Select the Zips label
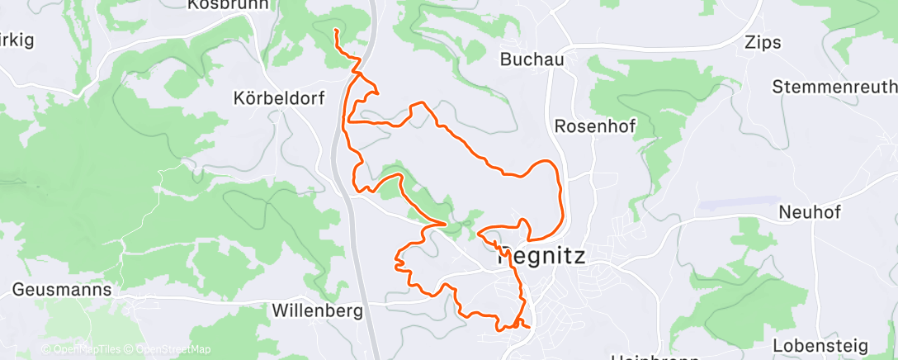click(762, 43)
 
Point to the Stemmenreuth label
click(834, 87)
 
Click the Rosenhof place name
click(595, 126)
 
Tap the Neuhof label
click(809, 212)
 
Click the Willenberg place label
click(317, 311)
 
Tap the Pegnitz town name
click(541, 256)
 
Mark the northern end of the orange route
click(335, 31)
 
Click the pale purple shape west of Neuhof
click(739, 203)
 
